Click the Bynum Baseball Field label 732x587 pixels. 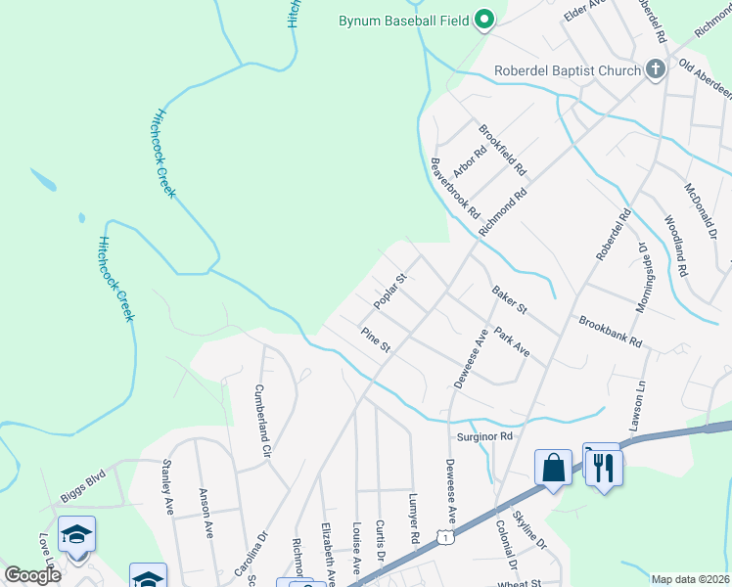pos(402,20)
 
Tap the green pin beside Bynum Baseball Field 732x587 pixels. pos(483,19)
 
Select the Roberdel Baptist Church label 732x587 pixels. pos(567,69)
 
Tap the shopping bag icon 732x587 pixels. pos(553,467)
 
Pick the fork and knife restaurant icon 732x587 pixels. pos(604,467)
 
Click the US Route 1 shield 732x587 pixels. pos(446,538)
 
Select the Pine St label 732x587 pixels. pos(376,340)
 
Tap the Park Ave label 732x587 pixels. pos(512,341)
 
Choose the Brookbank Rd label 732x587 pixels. pos(609,333)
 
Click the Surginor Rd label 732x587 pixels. pos(484,435)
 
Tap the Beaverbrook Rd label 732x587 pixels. pos(456,187)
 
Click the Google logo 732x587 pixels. pos(32,575)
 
